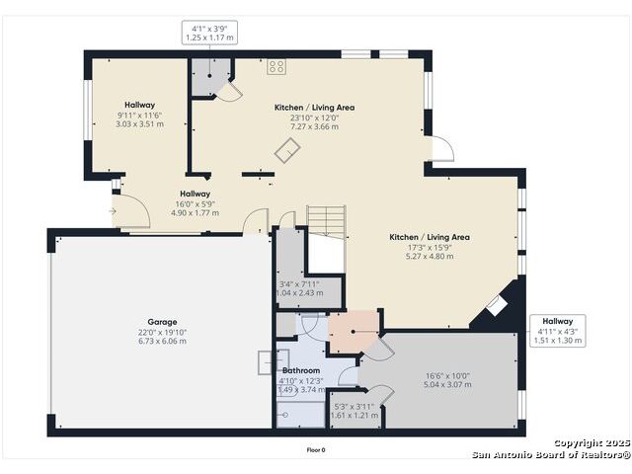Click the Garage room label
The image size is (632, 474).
(x=162, y=322)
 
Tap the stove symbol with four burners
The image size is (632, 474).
(x=276, y=67)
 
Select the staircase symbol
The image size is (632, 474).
(x=327, y=222)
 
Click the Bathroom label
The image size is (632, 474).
(x=301, y=370)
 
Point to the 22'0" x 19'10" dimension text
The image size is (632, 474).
(x=162, y=332)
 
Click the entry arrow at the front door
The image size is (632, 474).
(x=113, y=211)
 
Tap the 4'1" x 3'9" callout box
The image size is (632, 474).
(x=209, y=33)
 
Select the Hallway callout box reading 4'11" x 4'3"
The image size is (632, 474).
(x=557, y=331)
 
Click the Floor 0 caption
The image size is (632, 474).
(x=316, y=450)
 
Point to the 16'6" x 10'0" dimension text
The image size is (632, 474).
(x=447, y=375)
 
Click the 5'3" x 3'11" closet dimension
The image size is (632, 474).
(x=355, y=406)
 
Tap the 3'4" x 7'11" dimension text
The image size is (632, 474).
(x=299, y=283)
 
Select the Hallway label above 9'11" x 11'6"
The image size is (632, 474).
(x=139, y=105)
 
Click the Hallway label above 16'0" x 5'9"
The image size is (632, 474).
(x=196, y=194)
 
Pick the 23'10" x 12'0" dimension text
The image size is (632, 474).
(x=314, y=118)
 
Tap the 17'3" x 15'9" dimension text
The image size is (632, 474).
(x=430, y=248)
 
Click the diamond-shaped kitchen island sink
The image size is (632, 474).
(x=287, y=150)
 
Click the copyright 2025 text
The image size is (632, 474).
(x=592, y=443)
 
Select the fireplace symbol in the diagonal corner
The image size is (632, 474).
(x=497, y=306)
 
